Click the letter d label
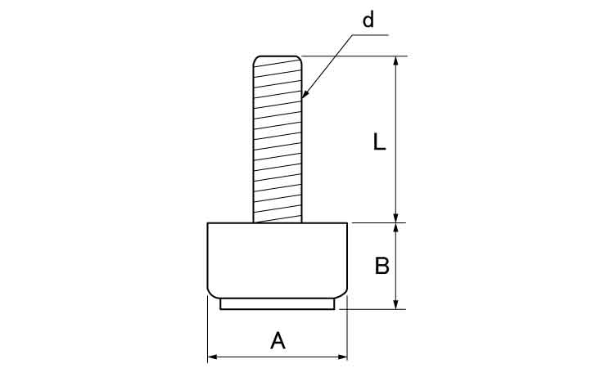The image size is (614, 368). pos(368,20)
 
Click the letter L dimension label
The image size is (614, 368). pos(379,141)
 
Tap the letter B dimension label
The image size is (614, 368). pos(381,266)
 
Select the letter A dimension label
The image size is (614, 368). pos(278,340)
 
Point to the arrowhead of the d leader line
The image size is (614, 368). pos(305,94)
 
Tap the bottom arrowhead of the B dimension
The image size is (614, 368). pos(396,304)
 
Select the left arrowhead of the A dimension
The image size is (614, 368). pos(212,357)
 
